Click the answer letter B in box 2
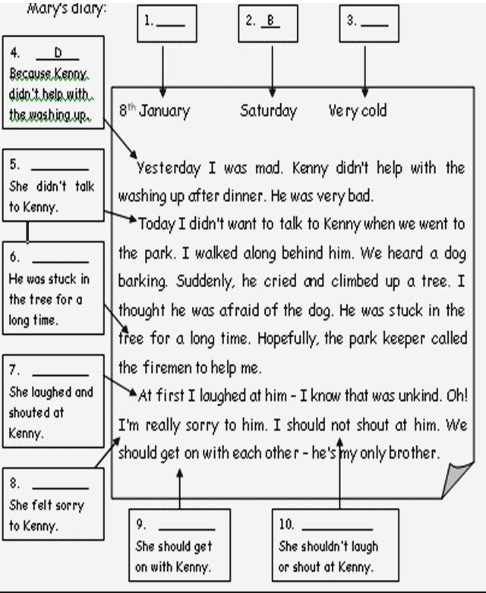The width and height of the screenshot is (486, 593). click(268, 21)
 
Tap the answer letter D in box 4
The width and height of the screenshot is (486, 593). click(57, 53)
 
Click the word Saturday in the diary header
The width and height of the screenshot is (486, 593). click(268, 111)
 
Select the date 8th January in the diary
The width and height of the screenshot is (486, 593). click(154, 111)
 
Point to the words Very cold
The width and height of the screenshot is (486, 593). click(357, 111)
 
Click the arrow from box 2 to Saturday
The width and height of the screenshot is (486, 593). click(272, 68)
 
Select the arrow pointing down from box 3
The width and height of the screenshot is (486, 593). click(365, 68)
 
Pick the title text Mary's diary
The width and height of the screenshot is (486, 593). click(67, 8)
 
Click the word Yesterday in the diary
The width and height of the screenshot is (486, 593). click(169, 168)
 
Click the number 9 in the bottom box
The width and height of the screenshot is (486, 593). click(140, 525)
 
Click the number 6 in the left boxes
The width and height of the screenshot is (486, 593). click(14, 257)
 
